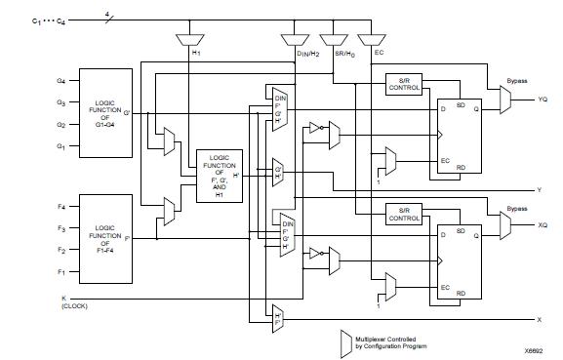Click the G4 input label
pos(60,81)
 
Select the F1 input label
pos(60,270)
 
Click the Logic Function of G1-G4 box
pos(102,113)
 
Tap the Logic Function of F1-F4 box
pos(102,236)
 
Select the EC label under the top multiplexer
pos(367,53)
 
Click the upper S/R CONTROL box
pos(403,84)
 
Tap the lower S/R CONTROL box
pos(403,215)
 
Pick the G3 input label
pos(60,102)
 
